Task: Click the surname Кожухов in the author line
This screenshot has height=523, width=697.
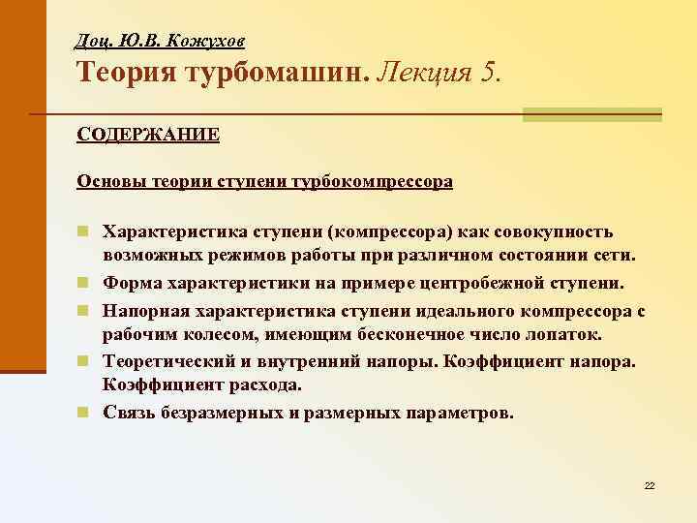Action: [213, 41]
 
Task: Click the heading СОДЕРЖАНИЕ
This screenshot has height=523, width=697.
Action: [148, 133]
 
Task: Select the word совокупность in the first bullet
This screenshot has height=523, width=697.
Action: [552, 232]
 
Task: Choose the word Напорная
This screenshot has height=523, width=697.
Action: [147, 310]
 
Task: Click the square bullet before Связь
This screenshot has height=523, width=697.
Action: [85, 412]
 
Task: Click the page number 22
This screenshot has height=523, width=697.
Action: [650, 484]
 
